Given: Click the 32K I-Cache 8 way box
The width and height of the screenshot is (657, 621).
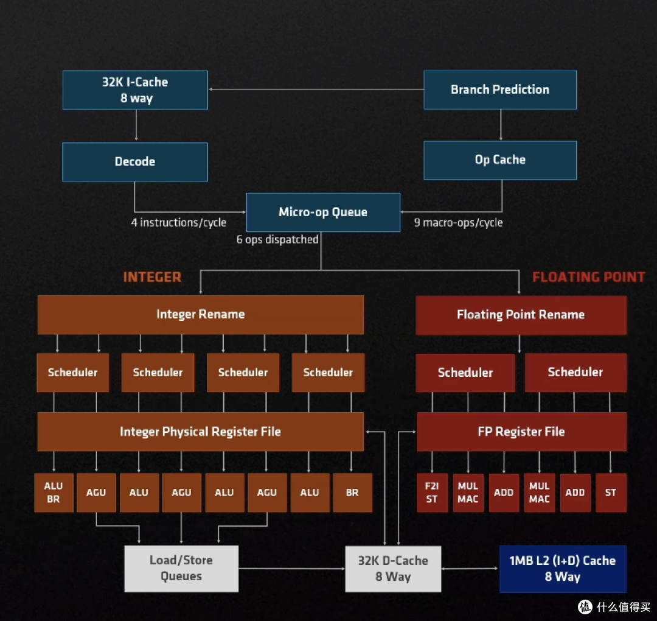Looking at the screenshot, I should (135, 90).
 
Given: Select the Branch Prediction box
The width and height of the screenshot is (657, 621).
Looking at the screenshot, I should (500, 89).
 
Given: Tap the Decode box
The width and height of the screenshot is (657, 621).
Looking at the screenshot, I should (135, 162).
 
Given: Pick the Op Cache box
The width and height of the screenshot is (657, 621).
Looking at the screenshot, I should (500, 160).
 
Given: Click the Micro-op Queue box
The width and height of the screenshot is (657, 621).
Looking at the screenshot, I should (323, 212).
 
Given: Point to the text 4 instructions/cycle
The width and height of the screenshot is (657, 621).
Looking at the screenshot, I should (179, 223).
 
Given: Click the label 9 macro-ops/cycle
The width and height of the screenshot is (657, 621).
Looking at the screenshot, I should (459, 223).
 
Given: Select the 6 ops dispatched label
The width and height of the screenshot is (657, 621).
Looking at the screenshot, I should (277, 240).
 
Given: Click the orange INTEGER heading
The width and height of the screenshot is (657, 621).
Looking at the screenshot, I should (152, 278).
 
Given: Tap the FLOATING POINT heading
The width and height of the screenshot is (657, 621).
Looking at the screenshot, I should (588, 278).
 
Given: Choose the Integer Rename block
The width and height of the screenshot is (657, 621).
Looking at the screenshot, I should (200, 315).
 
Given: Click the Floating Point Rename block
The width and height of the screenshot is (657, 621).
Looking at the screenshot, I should (521, 315).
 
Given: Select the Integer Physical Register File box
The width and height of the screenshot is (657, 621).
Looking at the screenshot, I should (200, 432).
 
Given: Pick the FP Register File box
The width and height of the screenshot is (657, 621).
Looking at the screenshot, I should (521, 432).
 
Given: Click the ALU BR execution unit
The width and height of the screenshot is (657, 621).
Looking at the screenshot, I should (54, 493).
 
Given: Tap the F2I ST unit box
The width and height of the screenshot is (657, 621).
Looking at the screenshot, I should (432, 493).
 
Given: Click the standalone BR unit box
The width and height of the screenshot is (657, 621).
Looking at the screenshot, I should (352, 493).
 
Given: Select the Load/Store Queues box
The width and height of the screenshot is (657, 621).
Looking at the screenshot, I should (181, 569).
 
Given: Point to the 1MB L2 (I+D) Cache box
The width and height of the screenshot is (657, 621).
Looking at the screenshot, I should (563, 569).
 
